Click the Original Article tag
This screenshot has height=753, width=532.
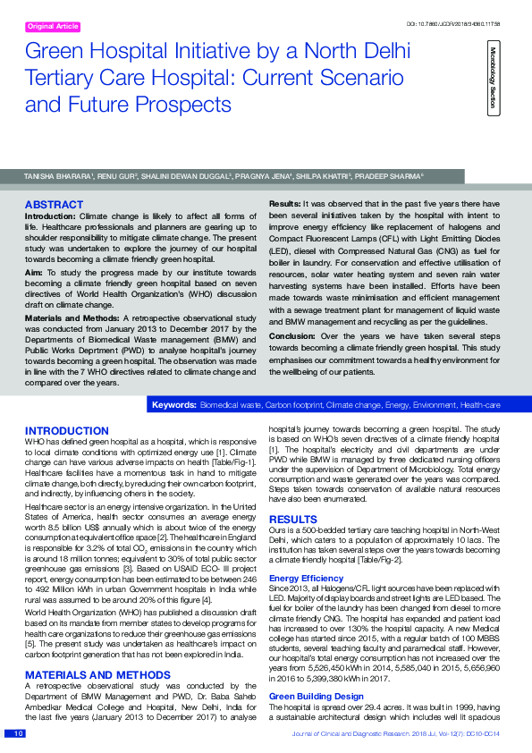point(53,27)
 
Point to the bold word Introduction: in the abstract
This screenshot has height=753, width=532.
point(50,216)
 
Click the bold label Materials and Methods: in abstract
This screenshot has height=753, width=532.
point(74,317)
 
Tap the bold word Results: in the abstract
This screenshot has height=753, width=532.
point(284,205)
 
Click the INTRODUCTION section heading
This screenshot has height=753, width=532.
point(67,431)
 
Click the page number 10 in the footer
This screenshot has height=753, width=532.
point(18,733)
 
